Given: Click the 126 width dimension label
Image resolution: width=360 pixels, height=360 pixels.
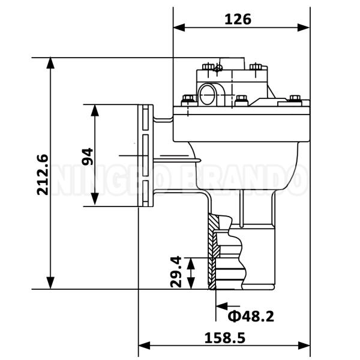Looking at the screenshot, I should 238,19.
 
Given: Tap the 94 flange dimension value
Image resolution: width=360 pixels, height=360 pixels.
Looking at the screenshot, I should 88,156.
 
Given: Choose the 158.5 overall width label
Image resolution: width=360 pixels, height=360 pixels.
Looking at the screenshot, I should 225,337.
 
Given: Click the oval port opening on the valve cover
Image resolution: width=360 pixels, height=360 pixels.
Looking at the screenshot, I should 210,94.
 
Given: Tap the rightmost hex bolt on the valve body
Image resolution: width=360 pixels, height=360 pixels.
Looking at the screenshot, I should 294,99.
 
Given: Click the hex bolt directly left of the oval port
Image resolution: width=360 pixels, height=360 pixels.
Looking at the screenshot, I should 187,100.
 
